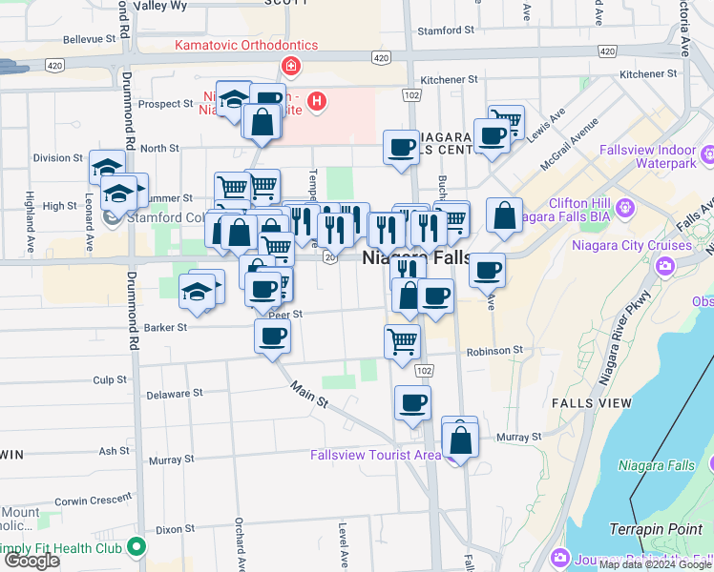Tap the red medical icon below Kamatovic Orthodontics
[x=289, y=67]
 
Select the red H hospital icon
[x=317, y=100]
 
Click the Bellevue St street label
[x=95, y=40]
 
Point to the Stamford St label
[x=439, y=31]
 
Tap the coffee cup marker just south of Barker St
[x=272, y=337]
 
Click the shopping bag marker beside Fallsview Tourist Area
[x=460, y=440]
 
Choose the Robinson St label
[x=494, y=351]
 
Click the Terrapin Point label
[x=653, y=528]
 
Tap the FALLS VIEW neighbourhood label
[x=591, y=403]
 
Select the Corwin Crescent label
[x=93, y=500]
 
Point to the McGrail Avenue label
[x=572, y=140]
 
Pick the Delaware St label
[x=175, y=393]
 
